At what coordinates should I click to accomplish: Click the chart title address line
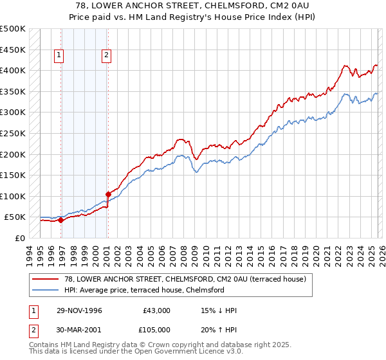click(193, 6)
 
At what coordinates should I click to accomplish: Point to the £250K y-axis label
click(13, 134)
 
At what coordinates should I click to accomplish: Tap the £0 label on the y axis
click(20, 239)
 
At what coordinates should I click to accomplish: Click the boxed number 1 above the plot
click(59, 55)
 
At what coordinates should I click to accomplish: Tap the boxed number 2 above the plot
click(106, 55)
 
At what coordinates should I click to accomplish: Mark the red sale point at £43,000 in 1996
click(60, 220)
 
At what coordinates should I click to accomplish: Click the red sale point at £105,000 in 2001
click(108, 194)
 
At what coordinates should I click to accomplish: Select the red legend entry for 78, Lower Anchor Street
click(180, 279)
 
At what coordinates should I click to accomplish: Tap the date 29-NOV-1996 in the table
click(80, 310)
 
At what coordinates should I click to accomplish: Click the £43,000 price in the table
click(156, 310)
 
